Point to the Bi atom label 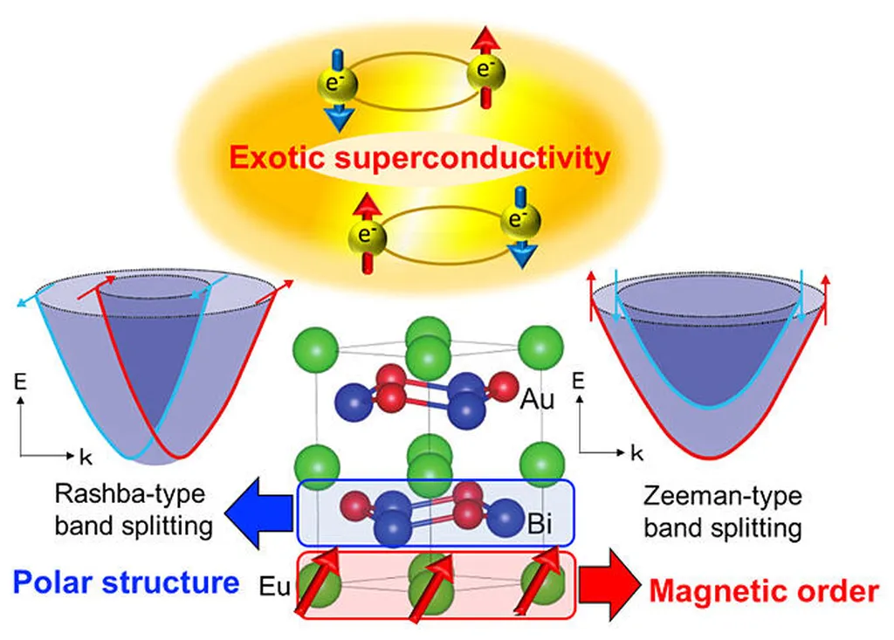539,527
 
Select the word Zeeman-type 722,497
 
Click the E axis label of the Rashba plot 20,382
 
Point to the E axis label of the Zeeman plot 578,381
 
